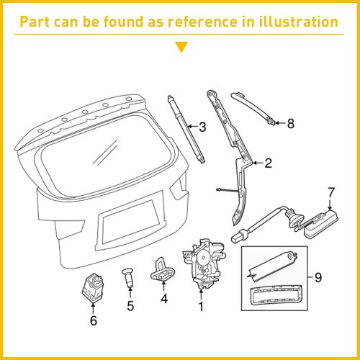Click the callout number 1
point(201,306)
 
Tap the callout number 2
point(267,163)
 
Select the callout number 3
point(202,127)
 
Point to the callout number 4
point(164,299)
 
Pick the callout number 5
point(130,306)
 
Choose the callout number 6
point(93,320)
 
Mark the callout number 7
point(331,192)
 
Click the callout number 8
point(290,123)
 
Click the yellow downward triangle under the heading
point(181,48)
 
